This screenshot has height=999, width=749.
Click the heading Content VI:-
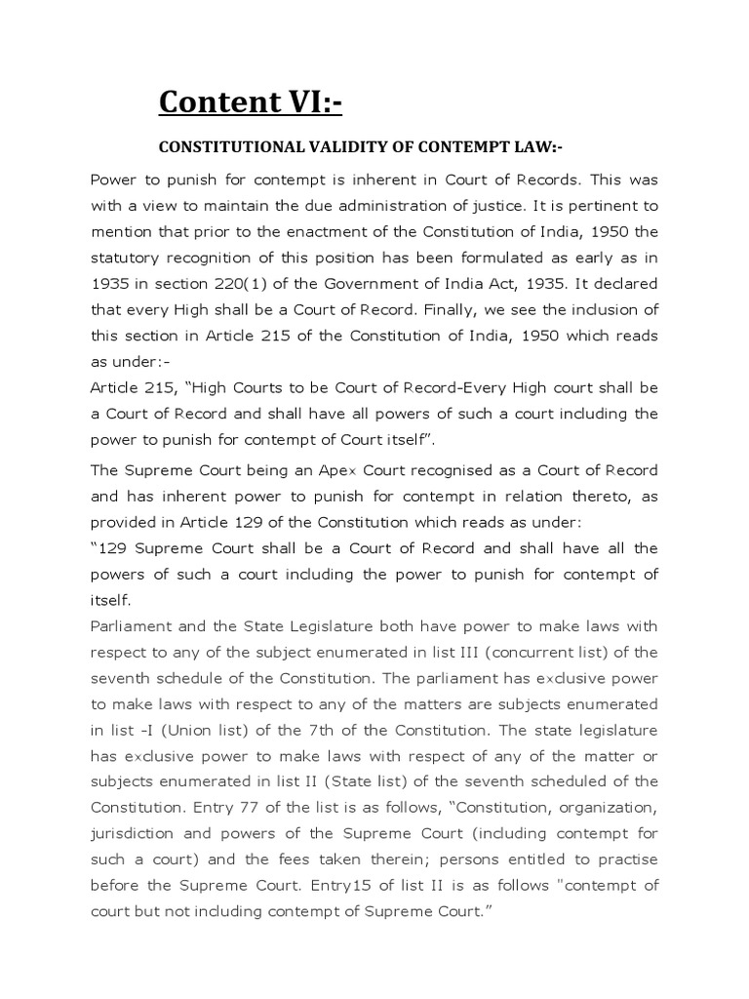click(x=251, y=100)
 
